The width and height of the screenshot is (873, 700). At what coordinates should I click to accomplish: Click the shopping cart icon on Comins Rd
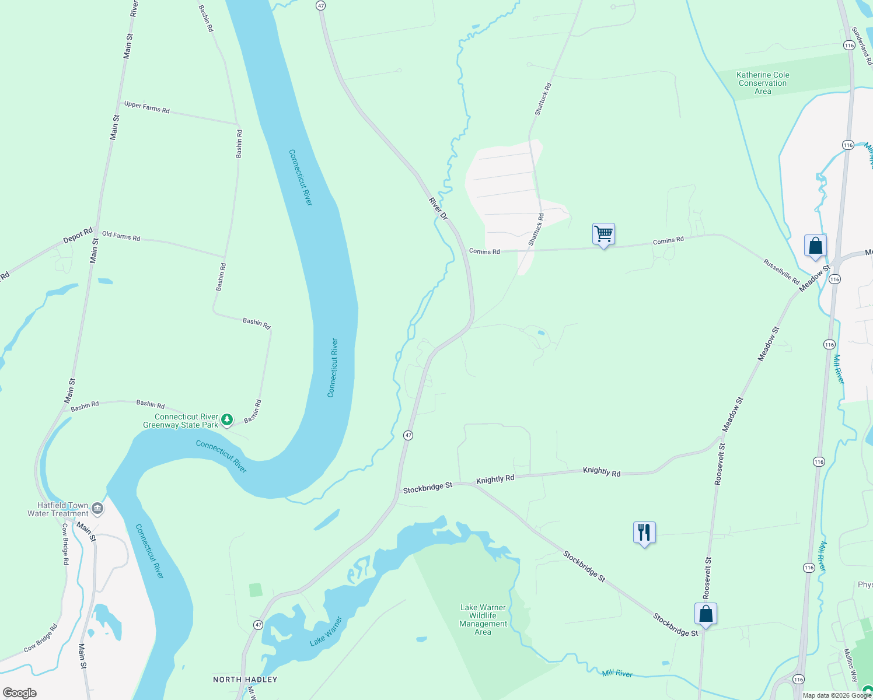603,235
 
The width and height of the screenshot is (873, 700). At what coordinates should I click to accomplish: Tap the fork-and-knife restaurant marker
644,533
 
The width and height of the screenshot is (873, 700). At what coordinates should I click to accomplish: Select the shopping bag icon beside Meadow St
815,246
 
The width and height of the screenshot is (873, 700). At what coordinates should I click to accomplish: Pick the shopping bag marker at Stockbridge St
706,614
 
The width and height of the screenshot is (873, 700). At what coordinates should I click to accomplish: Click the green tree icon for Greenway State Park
227,419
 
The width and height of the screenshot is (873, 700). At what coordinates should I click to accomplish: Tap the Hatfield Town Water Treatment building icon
98,509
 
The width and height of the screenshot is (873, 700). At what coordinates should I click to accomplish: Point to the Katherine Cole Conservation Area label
763,83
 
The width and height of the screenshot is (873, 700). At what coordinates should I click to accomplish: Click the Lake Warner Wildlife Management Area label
483,619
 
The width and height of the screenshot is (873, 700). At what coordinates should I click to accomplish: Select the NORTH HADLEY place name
245,680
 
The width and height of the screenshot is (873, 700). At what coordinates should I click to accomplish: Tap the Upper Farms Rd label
146,107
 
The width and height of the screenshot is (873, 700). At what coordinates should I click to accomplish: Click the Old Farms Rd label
121,236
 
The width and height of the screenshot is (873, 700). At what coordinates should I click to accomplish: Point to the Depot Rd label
78,236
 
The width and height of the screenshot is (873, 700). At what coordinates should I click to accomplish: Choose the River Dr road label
438,209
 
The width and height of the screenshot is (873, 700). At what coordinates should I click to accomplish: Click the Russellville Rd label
781,272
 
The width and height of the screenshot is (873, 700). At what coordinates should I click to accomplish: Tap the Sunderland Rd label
861,45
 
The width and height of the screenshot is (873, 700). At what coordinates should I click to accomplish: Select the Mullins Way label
850,666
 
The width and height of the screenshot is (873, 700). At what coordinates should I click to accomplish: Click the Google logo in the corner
19,692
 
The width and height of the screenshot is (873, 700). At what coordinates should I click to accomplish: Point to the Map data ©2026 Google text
837,695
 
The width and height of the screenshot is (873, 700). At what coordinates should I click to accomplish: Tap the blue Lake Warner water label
326,631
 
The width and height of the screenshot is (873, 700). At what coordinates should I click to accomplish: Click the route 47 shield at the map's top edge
320,5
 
